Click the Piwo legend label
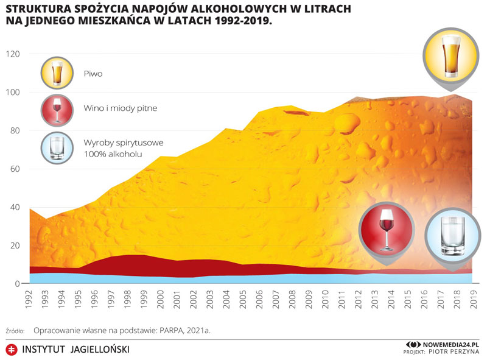tap(93, 74)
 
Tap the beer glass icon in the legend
tap(57, 72)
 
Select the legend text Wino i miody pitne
tap(121, 108)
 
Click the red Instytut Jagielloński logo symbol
tap(10, 350)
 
